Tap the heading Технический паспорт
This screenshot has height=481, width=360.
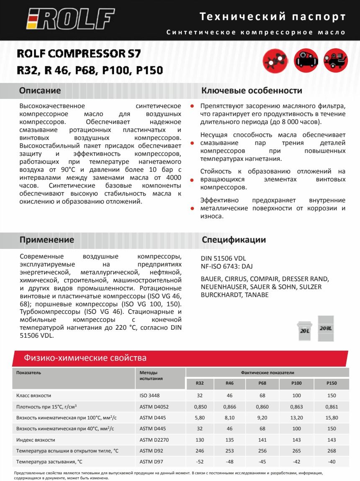pyautogui.click(x=273, y=17)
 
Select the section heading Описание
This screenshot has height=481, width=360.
pyautogui.click(x=40, y=91)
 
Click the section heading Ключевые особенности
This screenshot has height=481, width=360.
pyautogui.click(x=252, y=91)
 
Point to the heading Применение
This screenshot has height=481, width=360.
pyautogui.click(x=47, y=240)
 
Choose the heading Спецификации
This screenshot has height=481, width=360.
pyautogui.click(x=234, y=240)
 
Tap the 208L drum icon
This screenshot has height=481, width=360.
pyautogui.click(x=326, y=325)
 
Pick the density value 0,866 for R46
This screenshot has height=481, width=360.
pyautogui.click(x=229, y=406)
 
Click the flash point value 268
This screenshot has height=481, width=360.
pyautogui.click(x=331, y=451)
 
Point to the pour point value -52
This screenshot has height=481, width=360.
pyautogui.click(x=200, y=462)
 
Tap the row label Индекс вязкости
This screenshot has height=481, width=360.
pyautogui.click(x=36, y=440)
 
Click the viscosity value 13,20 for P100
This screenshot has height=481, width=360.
pyautogui.click(x=296, y=418)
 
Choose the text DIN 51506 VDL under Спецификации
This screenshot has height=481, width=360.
pyautogui.click(x=222, y=259)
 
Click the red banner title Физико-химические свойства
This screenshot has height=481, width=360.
pyautogui.click(x=85, y=358)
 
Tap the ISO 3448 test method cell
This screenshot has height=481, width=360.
pyautogui.click(x=149, y=395)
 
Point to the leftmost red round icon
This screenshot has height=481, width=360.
pyautogui.click(x=275, y=61)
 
